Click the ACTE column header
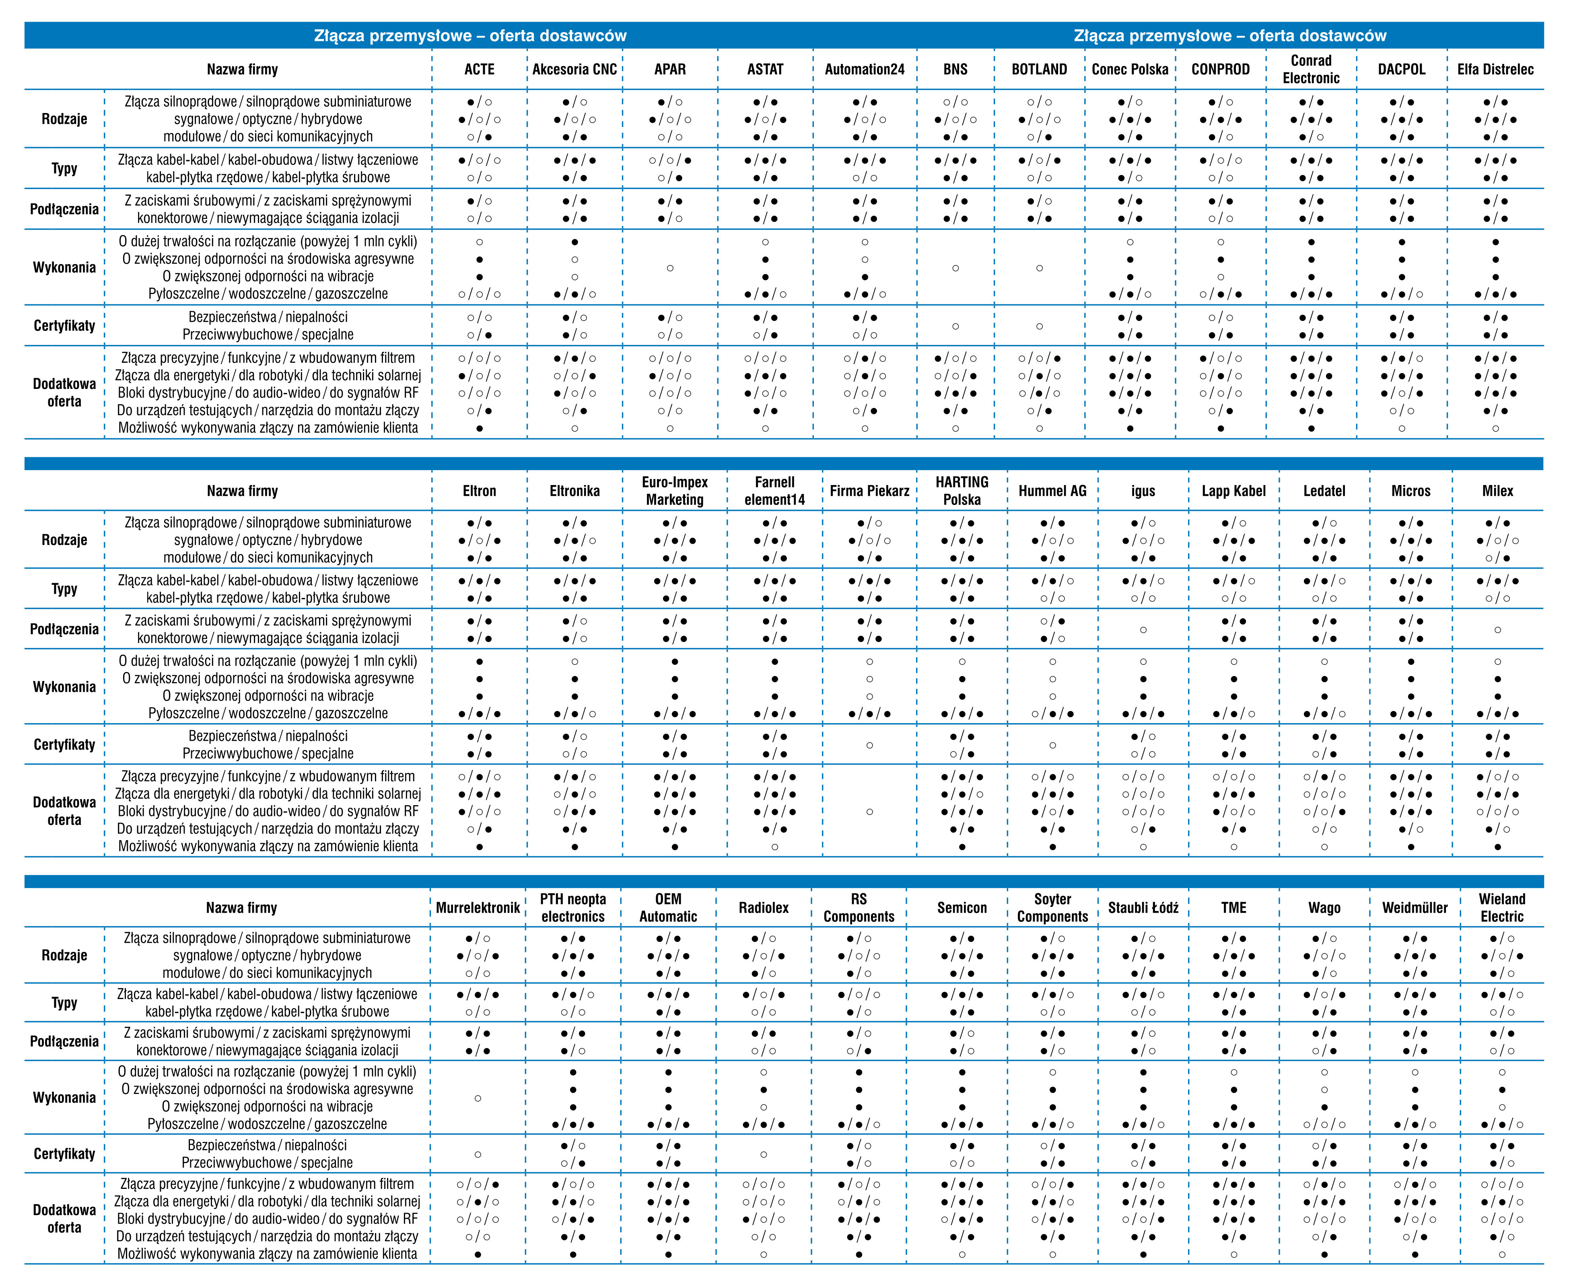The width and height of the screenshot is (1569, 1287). pos(479,69)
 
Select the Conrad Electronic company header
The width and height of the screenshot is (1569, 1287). pos(1311,69)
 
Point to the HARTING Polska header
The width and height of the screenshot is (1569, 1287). pos(962,491)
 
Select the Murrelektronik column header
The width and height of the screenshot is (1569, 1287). pos(478,907)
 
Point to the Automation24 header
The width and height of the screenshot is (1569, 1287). pos(865,69)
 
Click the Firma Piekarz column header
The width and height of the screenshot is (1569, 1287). pos(869,491)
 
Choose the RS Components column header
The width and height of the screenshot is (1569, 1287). pos(859,907)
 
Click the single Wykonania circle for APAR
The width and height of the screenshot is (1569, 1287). pos(669,267)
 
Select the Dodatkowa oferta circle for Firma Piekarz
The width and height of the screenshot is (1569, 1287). pos(869,812)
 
